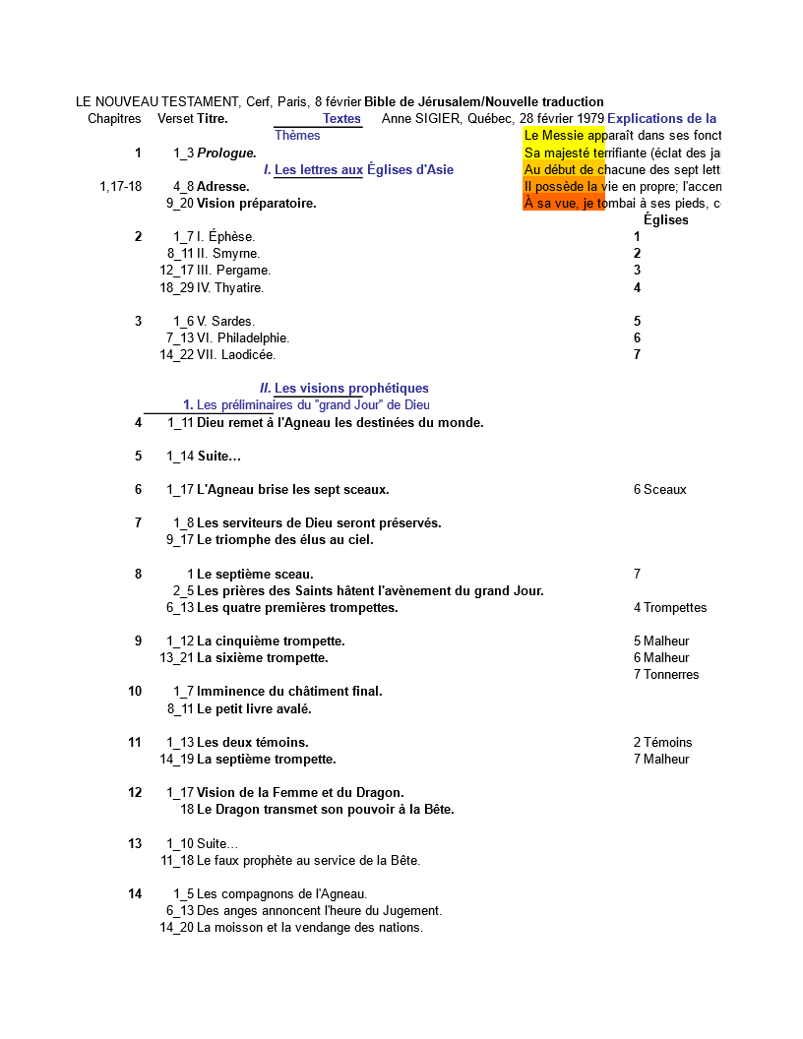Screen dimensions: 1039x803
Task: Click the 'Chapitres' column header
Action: (114, 119)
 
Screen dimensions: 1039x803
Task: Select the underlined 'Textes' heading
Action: (341, 119)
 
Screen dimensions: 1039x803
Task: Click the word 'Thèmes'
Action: (297, 136)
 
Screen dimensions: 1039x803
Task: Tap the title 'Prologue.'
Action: (226, 153)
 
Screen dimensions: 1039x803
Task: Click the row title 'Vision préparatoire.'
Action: (256, 204)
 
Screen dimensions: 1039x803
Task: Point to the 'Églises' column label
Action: (665, 220)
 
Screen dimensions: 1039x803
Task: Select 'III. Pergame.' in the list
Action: (233, 271)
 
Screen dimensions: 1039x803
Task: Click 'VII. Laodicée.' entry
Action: (236, 355)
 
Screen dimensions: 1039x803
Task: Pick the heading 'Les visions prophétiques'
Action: (351, 389)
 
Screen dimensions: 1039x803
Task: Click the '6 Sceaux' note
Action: (659, 490)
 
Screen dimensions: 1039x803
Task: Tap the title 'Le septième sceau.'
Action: (255, 575)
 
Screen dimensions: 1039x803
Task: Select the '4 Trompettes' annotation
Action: (669, 608)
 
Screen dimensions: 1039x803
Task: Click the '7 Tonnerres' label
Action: (666, 675)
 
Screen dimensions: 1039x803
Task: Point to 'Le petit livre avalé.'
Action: (254, 709)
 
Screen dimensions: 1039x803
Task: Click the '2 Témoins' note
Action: (662, 743)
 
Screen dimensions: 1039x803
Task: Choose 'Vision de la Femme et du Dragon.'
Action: (300, 793)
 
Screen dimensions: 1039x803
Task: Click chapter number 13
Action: (135, 844)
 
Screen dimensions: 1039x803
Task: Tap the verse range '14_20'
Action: (177, 928)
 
